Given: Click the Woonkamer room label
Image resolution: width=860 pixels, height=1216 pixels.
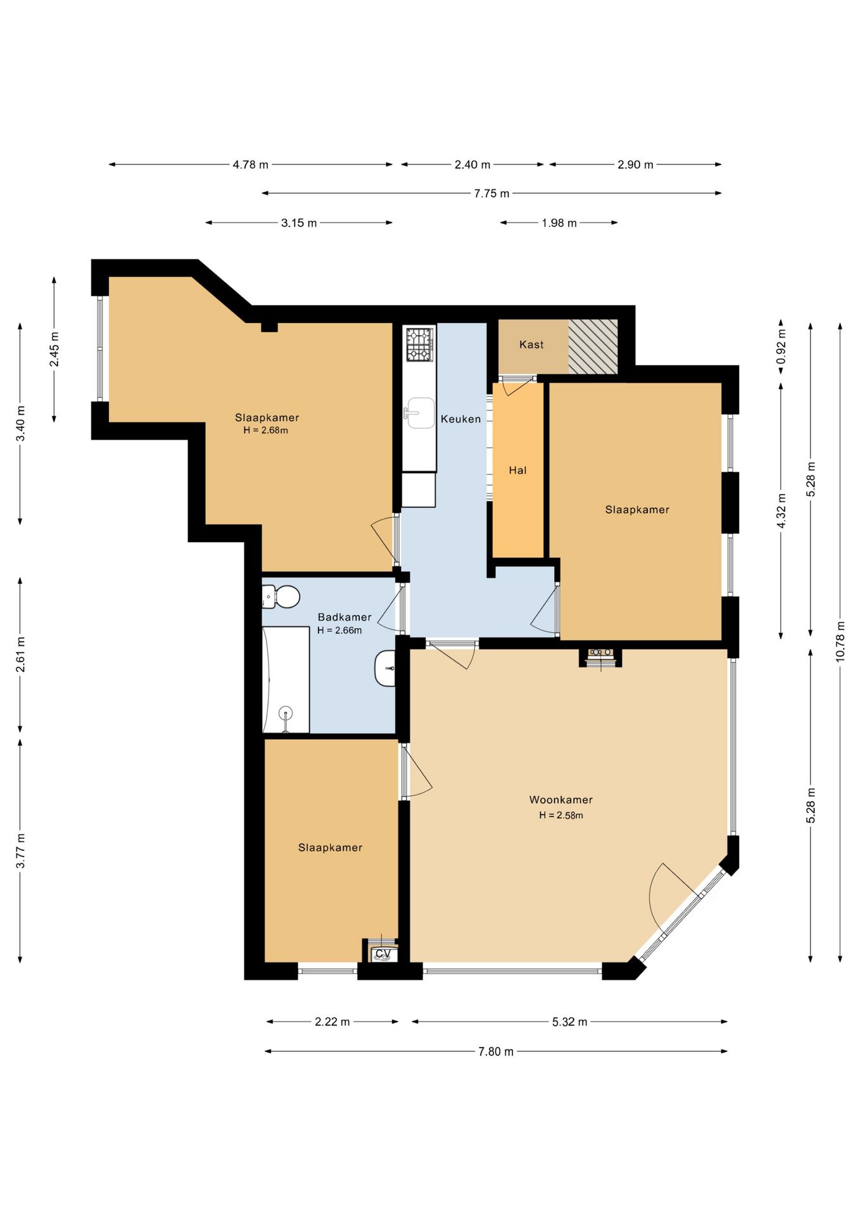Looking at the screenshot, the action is point(561,800).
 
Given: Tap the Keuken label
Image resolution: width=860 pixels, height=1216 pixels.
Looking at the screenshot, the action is point(461,419).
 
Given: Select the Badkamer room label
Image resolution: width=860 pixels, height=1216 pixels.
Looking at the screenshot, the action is point(345,617).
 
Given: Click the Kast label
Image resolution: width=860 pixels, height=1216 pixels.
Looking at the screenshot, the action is point(531,345).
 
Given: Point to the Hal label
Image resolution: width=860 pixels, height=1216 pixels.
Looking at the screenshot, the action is point(517,470).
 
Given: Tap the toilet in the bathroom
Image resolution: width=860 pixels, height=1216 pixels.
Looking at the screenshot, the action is point(281,597).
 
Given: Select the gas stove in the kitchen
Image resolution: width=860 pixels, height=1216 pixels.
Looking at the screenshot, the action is point(420,344).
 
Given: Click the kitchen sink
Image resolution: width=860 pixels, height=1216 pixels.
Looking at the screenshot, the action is point(419,413).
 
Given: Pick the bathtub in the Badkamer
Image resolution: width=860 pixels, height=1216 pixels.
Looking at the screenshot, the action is point(286,680).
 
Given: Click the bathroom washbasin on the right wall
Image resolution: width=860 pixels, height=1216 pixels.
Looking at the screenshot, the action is point(385,668).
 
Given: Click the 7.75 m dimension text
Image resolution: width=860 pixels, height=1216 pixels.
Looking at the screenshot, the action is point(491,193).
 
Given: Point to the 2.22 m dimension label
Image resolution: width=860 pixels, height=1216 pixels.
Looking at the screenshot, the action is point(332,1022).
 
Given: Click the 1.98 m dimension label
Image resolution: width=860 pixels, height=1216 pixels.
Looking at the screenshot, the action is point(559,223).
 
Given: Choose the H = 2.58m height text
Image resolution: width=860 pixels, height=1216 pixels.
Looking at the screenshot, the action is point(561,815).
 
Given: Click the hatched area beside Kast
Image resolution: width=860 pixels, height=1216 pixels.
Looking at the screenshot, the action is point(593,346).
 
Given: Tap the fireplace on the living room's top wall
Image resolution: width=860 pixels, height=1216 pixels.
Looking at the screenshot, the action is point(600,657).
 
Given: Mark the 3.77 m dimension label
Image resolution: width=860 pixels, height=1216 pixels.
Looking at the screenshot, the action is point(21,851).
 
